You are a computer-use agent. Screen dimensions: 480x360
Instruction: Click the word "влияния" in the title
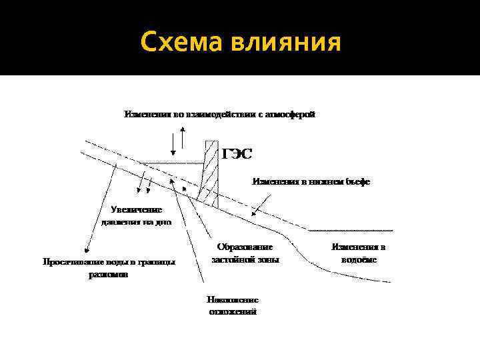[287, 42]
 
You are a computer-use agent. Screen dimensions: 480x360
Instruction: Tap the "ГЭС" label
[237, 155]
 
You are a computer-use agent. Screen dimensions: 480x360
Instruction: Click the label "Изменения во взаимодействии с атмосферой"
[219, 114]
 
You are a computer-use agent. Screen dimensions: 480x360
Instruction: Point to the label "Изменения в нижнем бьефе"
[311, 181]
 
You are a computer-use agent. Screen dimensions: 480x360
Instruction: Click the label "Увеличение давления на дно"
[137, 215]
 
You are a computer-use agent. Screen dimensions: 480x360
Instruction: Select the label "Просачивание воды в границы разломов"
[109, 268]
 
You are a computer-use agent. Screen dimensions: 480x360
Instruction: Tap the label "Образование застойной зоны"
[245, 253]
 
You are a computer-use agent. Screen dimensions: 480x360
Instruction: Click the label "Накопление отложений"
[233, 305]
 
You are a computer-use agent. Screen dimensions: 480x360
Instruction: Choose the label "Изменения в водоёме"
[359, 253]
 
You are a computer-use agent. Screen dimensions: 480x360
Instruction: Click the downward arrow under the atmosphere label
[172, 141]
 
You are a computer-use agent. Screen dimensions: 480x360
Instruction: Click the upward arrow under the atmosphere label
[183, 137]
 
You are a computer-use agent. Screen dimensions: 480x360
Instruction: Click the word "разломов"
[109, 275]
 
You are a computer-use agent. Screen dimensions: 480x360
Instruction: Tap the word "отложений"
[233, 312]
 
